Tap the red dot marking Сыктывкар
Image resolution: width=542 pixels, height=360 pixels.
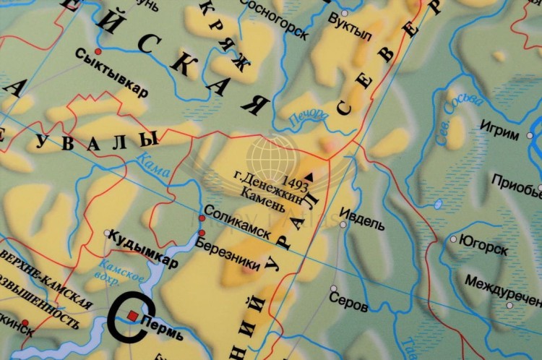click(98, 52)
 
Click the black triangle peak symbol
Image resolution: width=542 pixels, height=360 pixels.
click(311, 174)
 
